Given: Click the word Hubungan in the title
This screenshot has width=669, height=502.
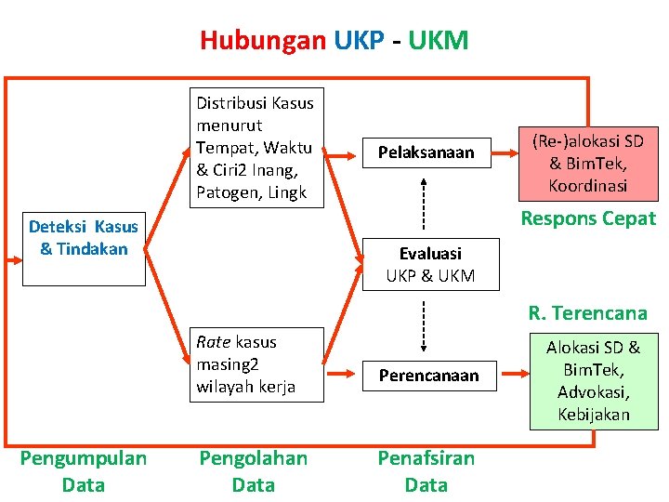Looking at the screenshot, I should click(x=263, y=41).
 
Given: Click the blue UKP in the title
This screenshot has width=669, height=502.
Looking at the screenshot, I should click(x=359, y=41).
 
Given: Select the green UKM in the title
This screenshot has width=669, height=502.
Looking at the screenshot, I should click(x=437, y=41).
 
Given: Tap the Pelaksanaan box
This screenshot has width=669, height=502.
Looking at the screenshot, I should click(x=426, y=152).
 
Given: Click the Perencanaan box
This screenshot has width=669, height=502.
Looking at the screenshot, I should click(x=428, y=376).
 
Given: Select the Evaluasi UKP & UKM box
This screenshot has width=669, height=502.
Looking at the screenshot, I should click(x=430, y=264).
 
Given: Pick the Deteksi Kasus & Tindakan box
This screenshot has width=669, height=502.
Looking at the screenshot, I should click(x=84, y=237).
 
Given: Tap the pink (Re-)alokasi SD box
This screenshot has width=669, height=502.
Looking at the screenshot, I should click(x=587, y=163).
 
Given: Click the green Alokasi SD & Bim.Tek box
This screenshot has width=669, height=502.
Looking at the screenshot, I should click(x=593, y=381).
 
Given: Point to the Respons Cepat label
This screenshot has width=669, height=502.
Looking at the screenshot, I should click(x=587, y=218).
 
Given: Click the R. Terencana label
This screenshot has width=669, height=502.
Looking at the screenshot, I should click(x=587, y=312).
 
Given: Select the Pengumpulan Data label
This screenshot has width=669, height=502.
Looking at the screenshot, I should click(x=84, y=471).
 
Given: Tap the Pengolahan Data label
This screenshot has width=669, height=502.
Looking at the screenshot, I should click(x=254, y=471).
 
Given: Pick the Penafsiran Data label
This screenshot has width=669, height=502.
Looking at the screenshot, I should click(x=426, y=471).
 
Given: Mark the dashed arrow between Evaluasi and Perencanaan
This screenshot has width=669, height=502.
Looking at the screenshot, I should click(x=424, y=323).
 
